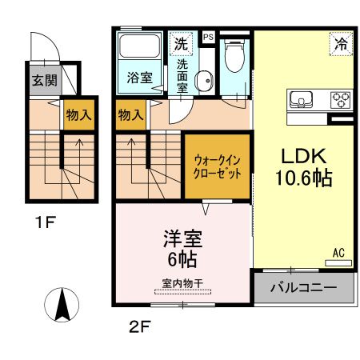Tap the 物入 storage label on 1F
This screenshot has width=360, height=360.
pyautogui.click(x=78, y=115)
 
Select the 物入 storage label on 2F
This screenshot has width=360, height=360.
pyautogui.click(x=130, y=115)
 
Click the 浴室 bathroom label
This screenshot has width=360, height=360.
pyautogui.click(x=140, y=78)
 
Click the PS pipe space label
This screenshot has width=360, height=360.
pyautogui.click(x=208, y=37)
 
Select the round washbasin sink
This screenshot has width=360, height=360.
pyautogui.click(x=205, y=80)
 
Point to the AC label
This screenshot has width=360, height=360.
pyautogui.click(x=338, y=254)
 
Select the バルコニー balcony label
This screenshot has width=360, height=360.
pyautogui.click(x=302, y=287)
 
